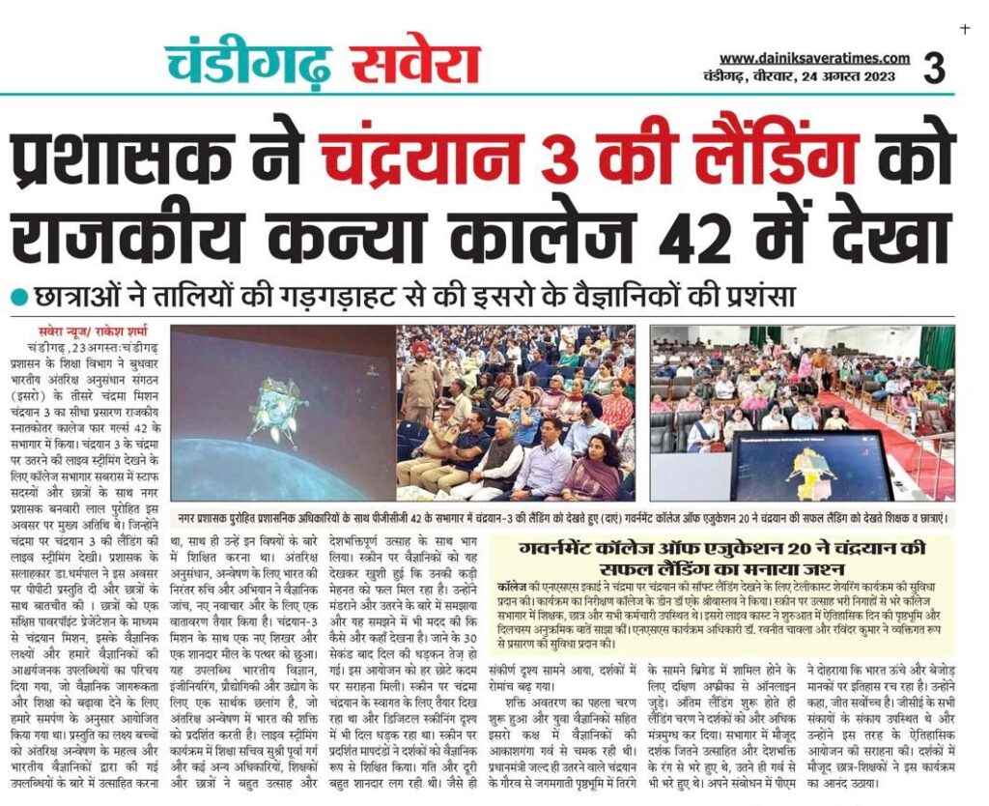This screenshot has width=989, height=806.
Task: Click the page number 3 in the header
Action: [x=933, y=68]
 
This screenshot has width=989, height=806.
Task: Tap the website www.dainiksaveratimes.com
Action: [x=814, y=58]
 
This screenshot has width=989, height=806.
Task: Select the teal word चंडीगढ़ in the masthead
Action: [x=248, y=64]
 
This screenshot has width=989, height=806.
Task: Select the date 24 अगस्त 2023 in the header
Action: [x=846, y=77]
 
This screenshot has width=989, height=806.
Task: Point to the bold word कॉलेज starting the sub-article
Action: [x=511, y=587]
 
